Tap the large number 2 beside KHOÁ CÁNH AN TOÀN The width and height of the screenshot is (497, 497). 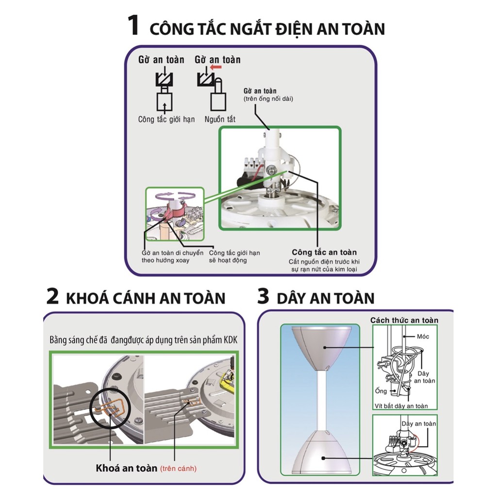(x=52, y=297)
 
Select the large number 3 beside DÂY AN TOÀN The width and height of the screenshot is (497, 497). (x=263, y=297)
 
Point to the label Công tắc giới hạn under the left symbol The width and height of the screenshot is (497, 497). (x=166, y=119)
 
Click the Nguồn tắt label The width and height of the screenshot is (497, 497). (x=220, y=119)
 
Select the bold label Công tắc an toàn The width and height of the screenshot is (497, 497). (x=324, y=252)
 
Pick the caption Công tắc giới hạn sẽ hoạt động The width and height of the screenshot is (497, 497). (x=234, y=256)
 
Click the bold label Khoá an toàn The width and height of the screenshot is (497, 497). (x=126, y=468)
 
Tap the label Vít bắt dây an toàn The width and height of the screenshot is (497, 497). (x=401, y=406)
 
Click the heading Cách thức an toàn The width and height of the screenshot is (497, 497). (x=404, y=320)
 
